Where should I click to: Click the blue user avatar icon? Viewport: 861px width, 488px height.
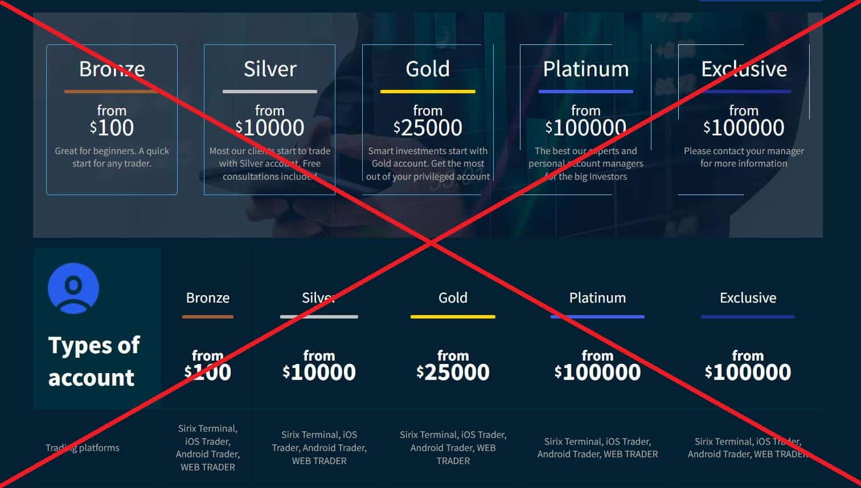coord(73,288)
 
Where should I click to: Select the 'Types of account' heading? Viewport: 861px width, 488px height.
coord(94,361)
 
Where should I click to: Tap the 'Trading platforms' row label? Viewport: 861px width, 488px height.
coord(83,448)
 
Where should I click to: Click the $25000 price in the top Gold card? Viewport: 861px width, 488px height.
coord(428,127)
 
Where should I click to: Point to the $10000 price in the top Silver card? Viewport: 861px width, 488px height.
coord(270,127)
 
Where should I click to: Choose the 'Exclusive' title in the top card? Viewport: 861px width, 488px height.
coord(744,69)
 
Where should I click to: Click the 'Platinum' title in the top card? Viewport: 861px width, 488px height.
coord(585,69)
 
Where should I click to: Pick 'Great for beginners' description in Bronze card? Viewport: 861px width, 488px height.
coord(112,157)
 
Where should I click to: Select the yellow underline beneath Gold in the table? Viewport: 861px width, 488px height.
coord(453,317)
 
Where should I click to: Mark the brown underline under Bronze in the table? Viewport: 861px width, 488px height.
coord(208,317)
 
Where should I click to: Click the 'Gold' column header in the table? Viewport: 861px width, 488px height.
coord(453,297)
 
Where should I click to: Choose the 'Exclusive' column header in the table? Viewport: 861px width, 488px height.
coord(748,297)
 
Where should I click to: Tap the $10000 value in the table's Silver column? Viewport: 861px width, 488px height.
coord(319,372)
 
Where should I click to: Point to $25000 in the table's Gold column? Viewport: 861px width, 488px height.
coord(453,372)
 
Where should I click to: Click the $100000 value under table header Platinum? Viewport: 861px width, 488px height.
coord(597,372)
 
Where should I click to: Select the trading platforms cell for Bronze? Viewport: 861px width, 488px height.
coord(208,448)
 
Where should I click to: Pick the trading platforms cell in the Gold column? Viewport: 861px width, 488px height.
coord(453,448)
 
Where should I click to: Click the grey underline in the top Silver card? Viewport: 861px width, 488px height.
coord(270,92)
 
